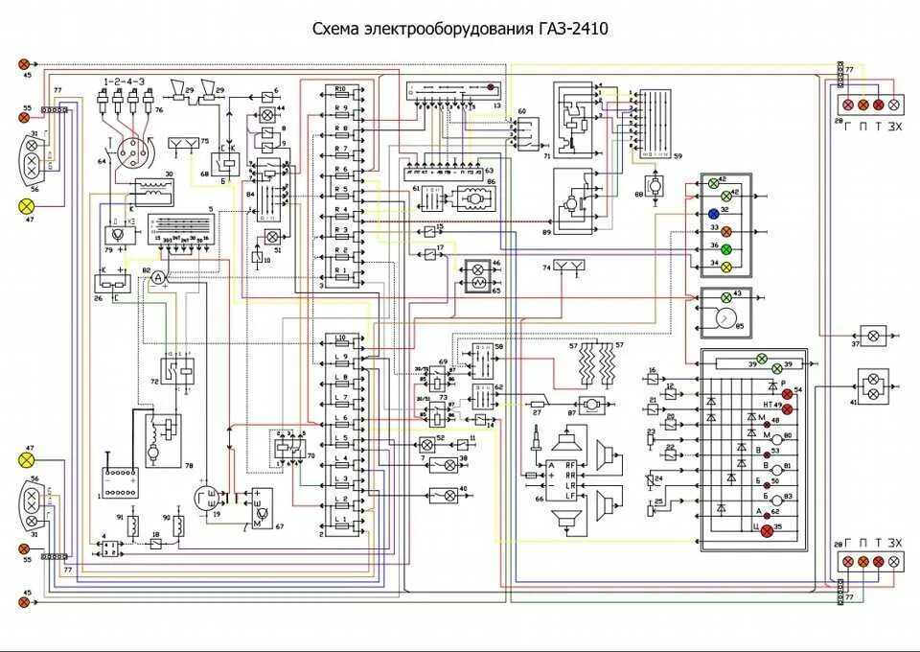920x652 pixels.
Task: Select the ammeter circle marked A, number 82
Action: (x=161, y=276)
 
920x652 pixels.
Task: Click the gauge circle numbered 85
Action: (x=725, y=318)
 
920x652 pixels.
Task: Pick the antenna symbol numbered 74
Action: (x=568, y=266)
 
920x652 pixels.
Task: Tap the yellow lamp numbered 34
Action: (x=725, y=266)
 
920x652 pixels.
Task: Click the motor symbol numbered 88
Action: (x=655, y=182)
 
